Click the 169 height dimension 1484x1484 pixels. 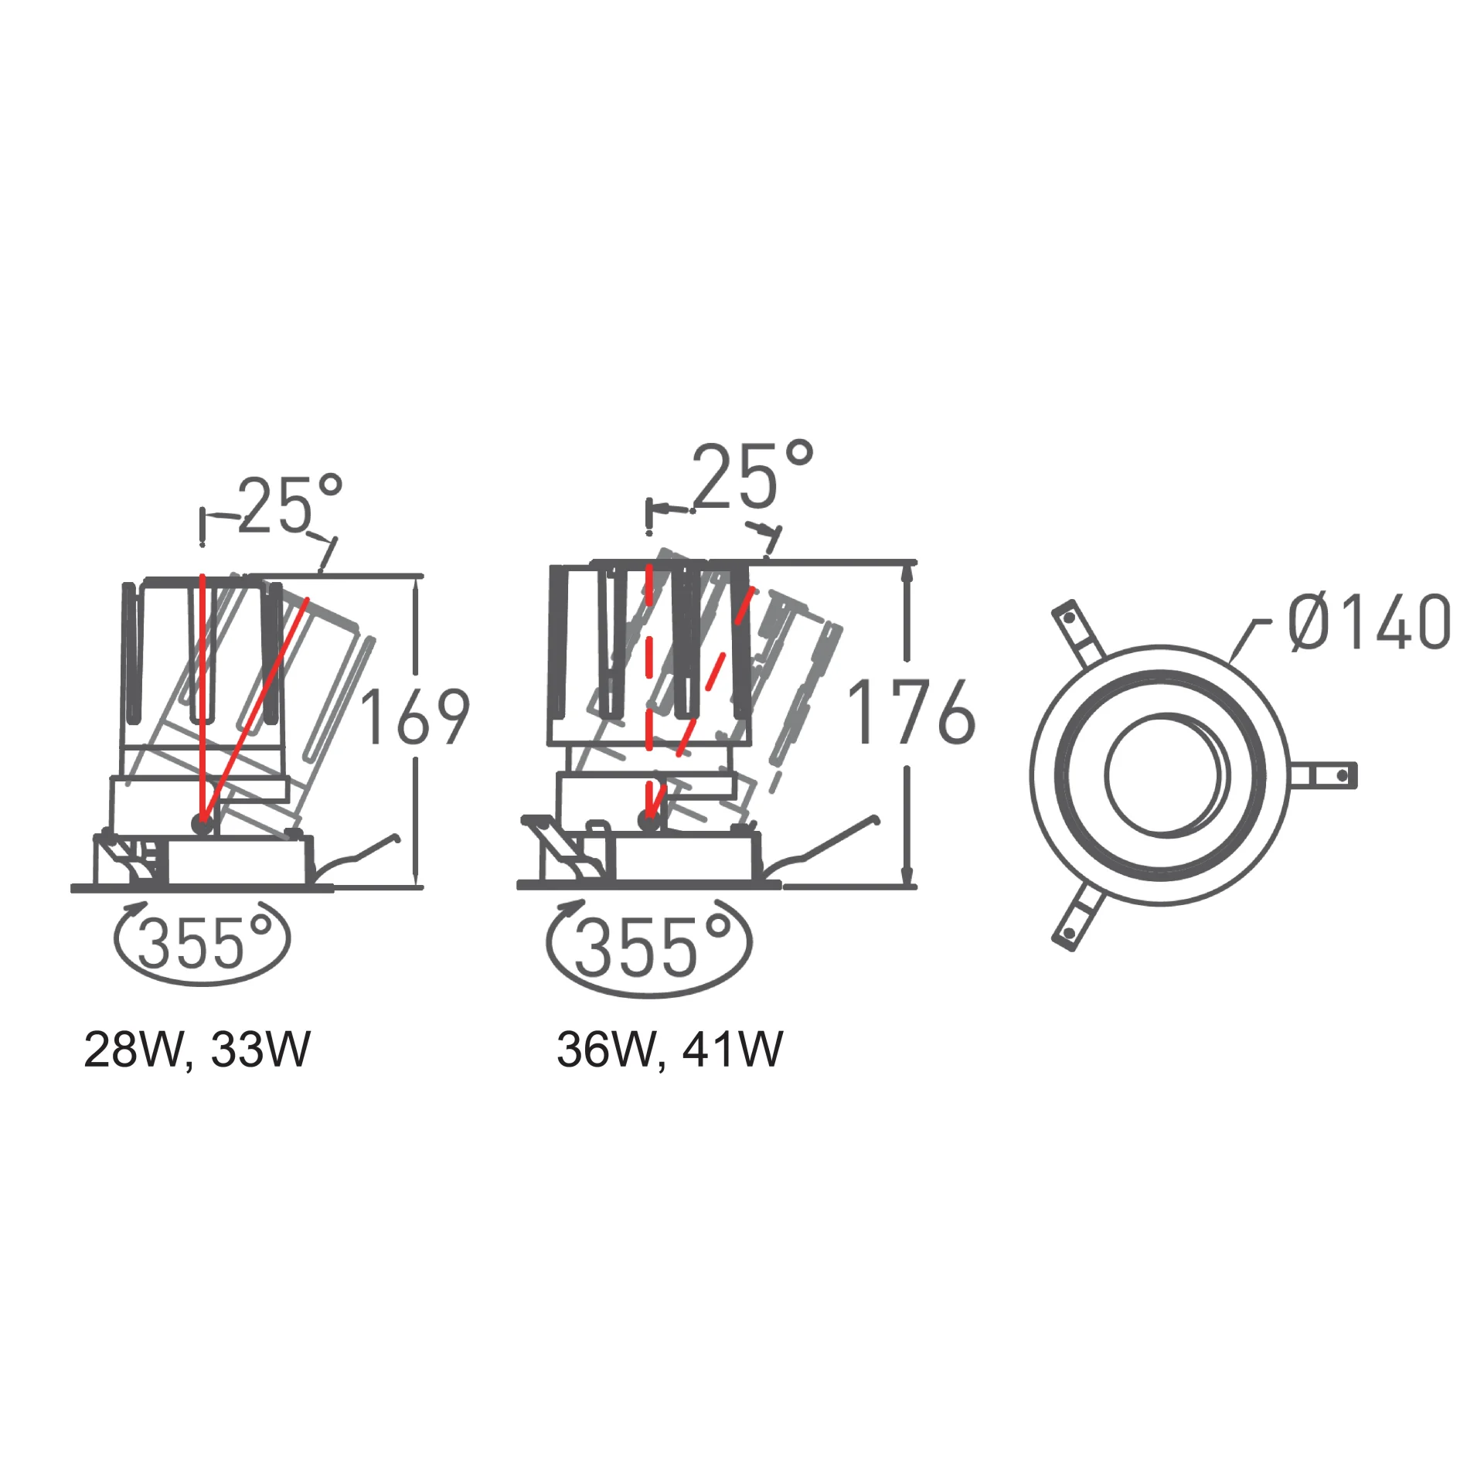coord(415,716)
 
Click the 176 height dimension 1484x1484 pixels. coord(911,712)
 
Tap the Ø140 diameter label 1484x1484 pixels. coord(1369,622)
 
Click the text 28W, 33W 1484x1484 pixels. coord(196,1050)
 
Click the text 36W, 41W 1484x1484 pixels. coord(669,1050)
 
